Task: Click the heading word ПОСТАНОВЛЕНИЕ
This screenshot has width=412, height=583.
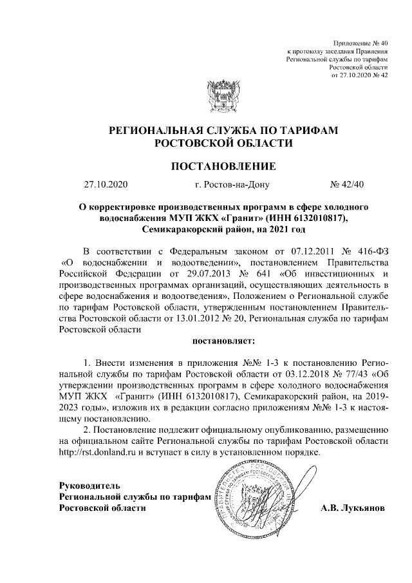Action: tap(222, 167)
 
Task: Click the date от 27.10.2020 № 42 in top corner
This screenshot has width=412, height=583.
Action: tap(359, 75)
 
